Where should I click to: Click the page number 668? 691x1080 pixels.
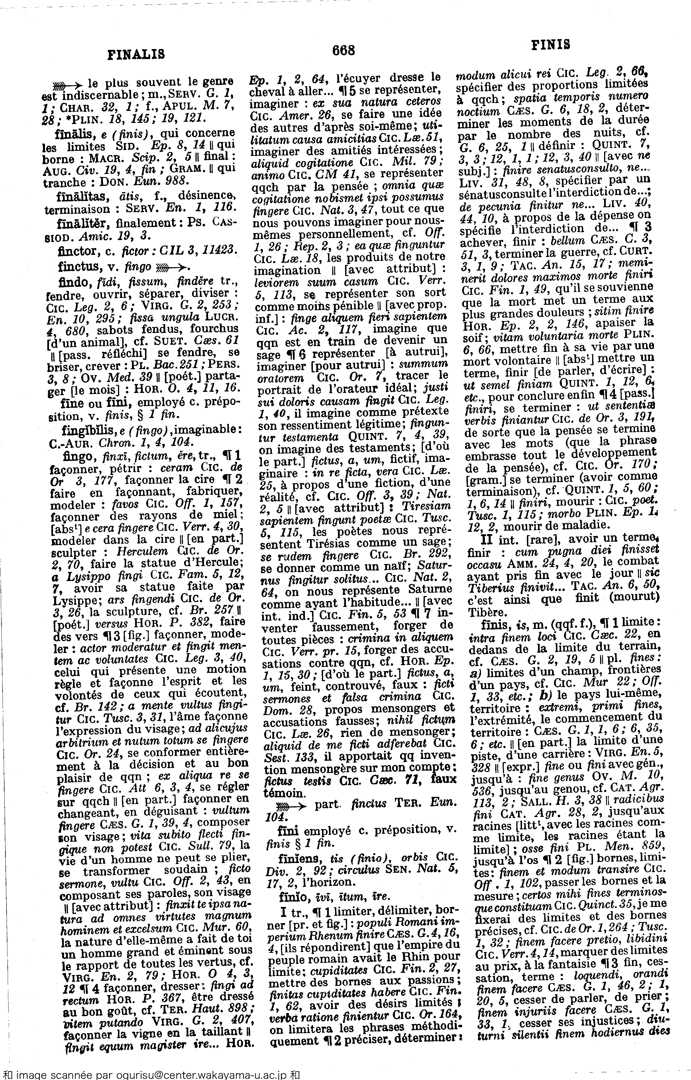pyautogui.click(x=343, y=50)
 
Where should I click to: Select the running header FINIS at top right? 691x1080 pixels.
pyautogui.click(x=551, y=44)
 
